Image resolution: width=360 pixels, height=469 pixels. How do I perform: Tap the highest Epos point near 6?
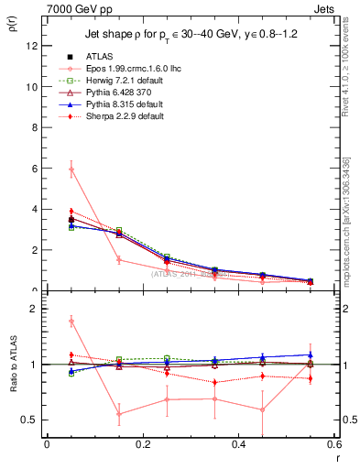coord(71,169)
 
